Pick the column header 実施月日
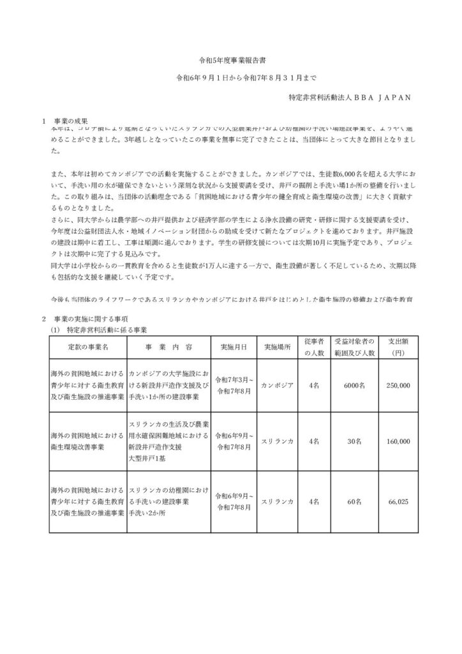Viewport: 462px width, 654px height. (234, 347)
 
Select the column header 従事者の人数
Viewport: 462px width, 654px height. (315, 347)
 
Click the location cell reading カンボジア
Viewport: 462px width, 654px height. (277, 386)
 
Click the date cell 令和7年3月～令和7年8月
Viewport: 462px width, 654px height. (234, 386)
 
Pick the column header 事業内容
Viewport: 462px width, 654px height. (169, 347)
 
